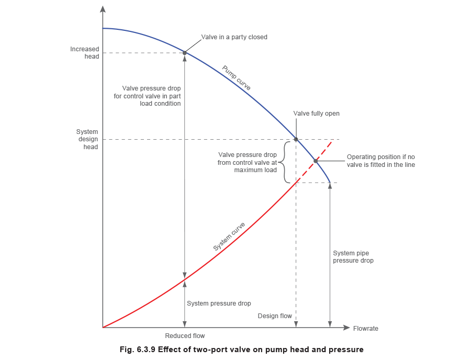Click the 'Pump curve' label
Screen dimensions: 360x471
click(x=236, y=77)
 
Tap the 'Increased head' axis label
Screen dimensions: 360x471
click(x=84, y=53)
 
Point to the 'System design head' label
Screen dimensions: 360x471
click(x=87, y=141)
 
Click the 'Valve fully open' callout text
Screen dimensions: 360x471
click(x=316, y=114)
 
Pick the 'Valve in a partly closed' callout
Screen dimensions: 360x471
click(x=234, y=38)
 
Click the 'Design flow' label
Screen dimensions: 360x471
click(x=274, y=317)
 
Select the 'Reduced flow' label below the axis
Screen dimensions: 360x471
click(x=185, y=336)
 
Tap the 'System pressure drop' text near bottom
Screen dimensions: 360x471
click(x=219, y=303)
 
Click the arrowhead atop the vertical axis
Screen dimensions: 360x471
click(x=104, y=9)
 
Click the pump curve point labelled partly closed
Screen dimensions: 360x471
click(x=185, y=52)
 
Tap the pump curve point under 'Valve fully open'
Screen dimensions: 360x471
click(x=296, y=139)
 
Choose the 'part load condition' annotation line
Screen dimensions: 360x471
click(x=153, y=106)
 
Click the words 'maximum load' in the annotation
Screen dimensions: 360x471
click(x=253, y=172)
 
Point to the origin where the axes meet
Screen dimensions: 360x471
click(x=104, y=328)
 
